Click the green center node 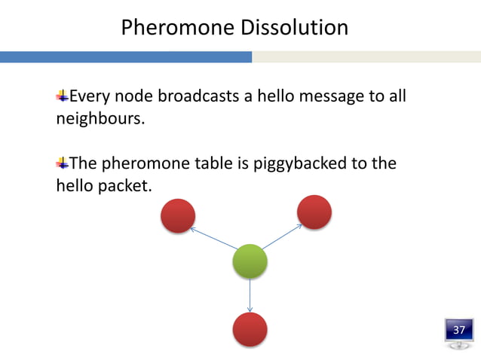click(x=250, y=261)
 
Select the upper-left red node click(x=177, y=216)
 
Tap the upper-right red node click(x=314, y=212)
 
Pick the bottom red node click(x=250, y=330)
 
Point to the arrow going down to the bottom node click(x=250, y=295)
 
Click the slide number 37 click(x=458, y=330)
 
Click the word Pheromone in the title click(x=177, y=28)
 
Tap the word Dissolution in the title click(x=294, y=28)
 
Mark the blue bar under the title click(x=125, y=57)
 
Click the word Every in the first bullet click(x=89, y=96)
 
